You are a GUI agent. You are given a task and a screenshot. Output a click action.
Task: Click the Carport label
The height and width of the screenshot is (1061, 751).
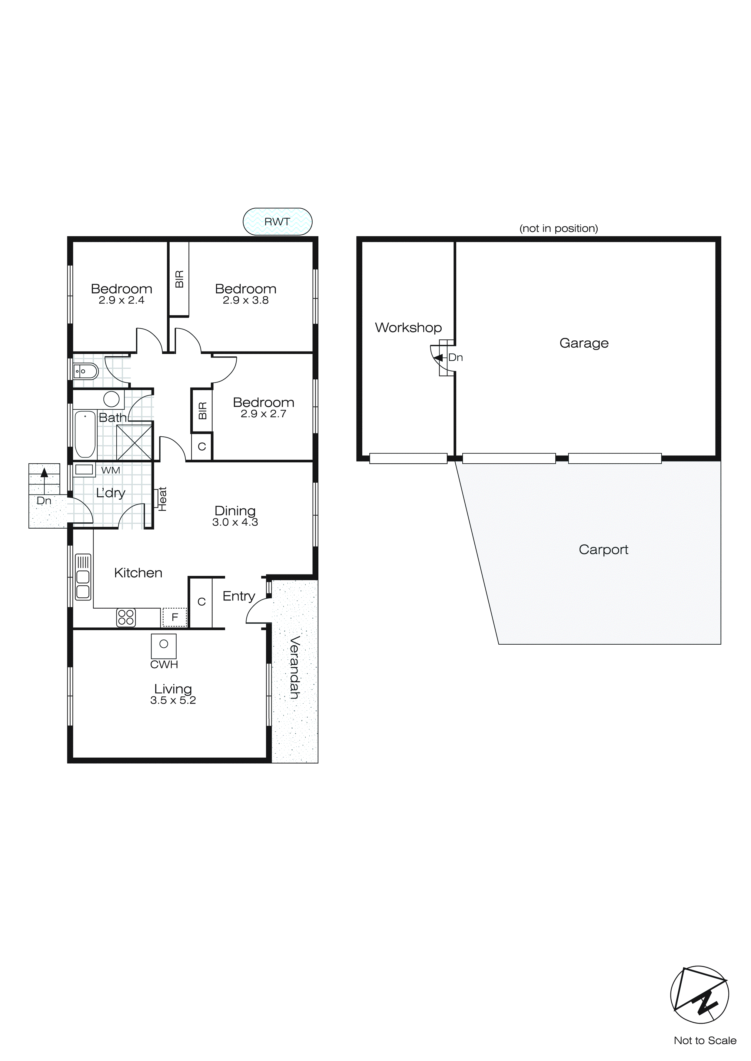pos(603,550)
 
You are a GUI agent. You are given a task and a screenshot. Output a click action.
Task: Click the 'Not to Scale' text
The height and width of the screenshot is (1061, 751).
pos(705,1041)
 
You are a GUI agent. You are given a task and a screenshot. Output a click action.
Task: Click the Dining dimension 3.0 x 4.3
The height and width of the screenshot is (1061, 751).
pos(235,522)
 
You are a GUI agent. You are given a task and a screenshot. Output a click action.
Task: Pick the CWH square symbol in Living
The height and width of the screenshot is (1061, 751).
pos(164,646)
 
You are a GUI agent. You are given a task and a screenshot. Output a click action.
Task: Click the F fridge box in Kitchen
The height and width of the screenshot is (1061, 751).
pos(174,617)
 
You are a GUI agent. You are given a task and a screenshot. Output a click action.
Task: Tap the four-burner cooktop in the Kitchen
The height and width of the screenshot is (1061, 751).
pos(126,617)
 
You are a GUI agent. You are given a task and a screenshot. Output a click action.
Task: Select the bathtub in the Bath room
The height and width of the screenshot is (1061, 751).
pos(85,434)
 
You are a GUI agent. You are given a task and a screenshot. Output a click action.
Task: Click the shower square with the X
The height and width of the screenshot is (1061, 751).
pos(134,442)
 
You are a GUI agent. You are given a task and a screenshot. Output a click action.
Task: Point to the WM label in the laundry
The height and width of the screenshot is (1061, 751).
pos(111,471)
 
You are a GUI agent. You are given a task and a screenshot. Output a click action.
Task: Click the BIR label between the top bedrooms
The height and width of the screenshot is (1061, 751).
pos(179,279)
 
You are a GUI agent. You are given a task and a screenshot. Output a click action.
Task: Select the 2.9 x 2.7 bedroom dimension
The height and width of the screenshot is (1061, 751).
pos(263,414)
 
